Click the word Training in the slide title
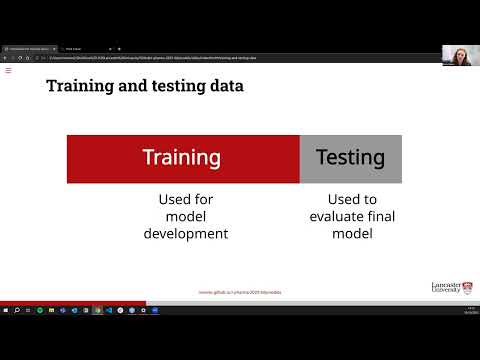(x=78, y=86)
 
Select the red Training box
(x=182, y=158)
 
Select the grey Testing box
(x=350, y=158)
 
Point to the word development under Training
(x=182, y=234)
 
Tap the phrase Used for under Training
(x=182, y=198)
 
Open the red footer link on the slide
(x=240, y=293)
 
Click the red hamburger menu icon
(x=8, y=70)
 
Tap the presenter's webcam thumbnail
(x=459, y=55)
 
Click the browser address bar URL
(x=150, y=57)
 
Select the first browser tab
(x=30, y=48)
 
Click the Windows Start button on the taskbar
(x=5, y=310)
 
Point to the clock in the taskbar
(x=469, y=310)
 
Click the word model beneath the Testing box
(x=351, y=234)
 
